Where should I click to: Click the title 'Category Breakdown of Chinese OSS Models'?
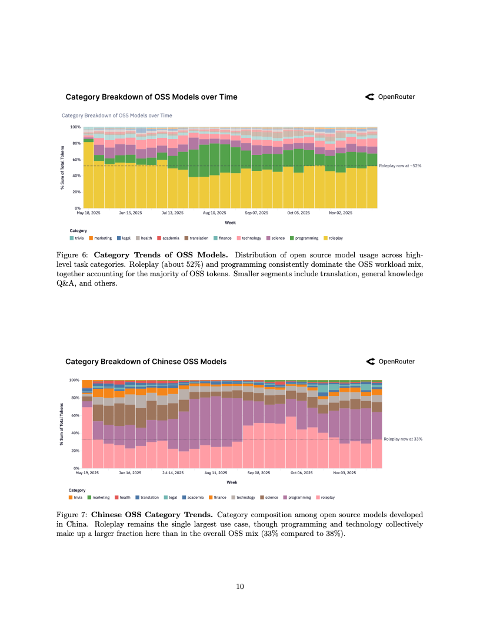click(145, 362)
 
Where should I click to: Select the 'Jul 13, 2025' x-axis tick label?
click(172, 213)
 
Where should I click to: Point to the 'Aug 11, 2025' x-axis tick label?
click(215, 472)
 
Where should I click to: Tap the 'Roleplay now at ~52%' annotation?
click(400, 166)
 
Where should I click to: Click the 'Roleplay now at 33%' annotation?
click(403, 439)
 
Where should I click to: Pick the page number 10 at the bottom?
click(240, 586)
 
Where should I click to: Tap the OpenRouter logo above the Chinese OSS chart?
click(390, 362)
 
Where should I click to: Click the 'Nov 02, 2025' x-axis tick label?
click(340, 213)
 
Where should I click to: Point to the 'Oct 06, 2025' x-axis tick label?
click(301, 472)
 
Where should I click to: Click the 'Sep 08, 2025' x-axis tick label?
click(258, 472)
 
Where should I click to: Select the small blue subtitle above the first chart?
click(116, 115)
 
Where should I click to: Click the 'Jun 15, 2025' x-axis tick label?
click(130, 213)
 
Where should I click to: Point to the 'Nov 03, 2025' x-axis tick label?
click(344, 472)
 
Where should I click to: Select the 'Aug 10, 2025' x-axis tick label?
click(214, 213)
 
